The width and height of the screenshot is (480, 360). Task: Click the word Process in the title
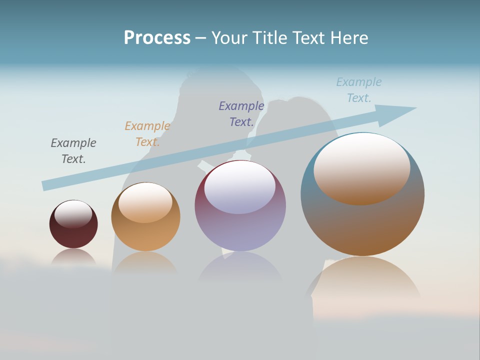click(x=157, y=38)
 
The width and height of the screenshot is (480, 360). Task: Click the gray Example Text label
click(x=73, y=151)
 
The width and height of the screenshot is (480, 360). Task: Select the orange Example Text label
click(x=147, y=134)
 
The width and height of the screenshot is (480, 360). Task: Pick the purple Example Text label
click(x=241, y=114)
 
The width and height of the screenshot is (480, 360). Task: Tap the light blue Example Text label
click(x=359, y=90)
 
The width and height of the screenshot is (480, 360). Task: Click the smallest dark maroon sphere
click(x=73, y=235)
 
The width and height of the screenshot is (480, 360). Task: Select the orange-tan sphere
click(x=145, y=235)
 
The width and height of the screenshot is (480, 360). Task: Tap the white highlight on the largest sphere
click(x=362, y=167)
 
